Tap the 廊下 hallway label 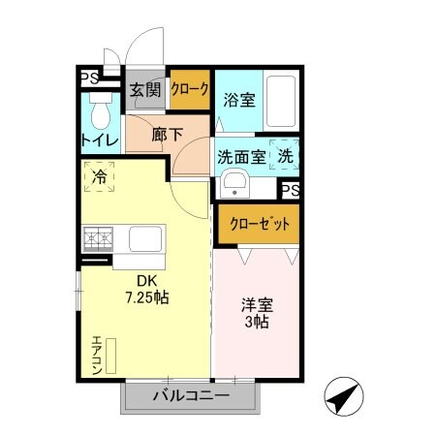(x=167, y=136)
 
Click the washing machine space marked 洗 (x=286, y=155)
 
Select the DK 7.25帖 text (x=146, y=289)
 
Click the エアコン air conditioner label (x=98, y=355)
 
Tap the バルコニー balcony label (x=190, y=396)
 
